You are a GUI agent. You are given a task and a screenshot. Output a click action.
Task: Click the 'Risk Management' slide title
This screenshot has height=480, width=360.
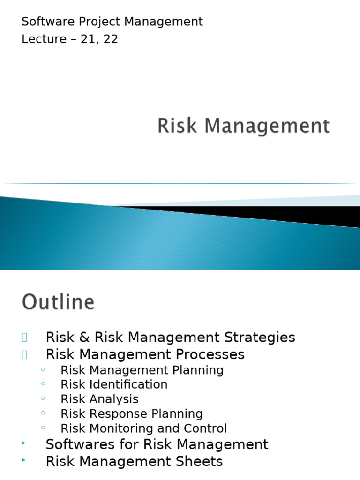tap(243, 127)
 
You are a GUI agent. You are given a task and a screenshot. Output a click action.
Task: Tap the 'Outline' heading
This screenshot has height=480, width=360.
tap(58, 302)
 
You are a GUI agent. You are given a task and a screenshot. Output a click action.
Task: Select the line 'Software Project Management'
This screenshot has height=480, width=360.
tap(112, 22)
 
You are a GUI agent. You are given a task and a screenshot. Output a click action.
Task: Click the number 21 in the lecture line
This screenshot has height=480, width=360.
tap(87, 39)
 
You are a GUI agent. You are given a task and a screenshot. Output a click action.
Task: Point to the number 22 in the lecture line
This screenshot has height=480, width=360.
tap(111, 39)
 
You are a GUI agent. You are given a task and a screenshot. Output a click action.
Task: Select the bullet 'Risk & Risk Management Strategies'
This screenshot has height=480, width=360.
tap(170, 337)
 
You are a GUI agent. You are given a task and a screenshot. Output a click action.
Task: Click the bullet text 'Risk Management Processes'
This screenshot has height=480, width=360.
tap(145, 354)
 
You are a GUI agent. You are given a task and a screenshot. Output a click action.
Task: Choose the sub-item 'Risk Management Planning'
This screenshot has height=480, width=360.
tap(142, 370)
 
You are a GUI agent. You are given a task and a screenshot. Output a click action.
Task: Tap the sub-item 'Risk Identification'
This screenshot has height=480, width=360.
tap(114, 384)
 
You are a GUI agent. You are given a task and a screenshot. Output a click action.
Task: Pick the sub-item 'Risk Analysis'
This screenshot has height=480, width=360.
tap(99, 399)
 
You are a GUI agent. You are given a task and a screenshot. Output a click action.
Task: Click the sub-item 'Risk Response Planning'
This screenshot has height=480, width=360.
tap(132, 414)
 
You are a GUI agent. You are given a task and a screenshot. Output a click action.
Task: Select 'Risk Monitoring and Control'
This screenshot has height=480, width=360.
tap(143, 428)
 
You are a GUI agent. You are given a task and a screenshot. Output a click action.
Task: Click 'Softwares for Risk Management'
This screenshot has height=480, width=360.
tap(157, 444)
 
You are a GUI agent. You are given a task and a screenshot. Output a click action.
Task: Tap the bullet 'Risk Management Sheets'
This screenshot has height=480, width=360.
tap(134, 461)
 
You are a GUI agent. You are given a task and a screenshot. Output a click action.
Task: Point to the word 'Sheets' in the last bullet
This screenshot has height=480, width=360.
tap(202, 461)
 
